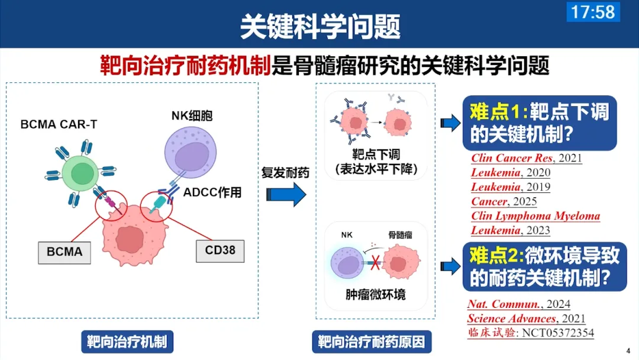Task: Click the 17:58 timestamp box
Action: point(593,11)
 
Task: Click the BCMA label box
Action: point(64,252)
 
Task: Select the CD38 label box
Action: point(220,250)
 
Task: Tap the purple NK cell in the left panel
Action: point(191,153)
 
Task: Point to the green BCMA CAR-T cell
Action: point(80,173)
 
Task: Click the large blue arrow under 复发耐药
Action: point(286,194)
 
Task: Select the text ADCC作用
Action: point(212,192)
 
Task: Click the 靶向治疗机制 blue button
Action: point(127,342)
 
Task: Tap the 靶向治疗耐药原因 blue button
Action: point(372,342)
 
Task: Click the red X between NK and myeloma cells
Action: point(375,262)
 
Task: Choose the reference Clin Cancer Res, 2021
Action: point(527,158)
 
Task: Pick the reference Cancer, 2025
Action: point(504,201)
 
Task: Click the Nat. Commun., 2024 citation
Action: point(519,304)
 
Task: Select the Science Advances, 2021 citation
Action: point(526,319)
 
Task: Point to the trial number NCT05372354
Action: point(558,333)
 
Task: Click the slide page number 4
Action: point(628,351)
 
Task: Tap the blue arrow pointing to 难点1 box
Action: point(451,123)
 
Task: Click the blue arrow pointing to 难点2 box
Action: point(451,266)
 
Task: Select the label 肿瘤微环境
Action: point(375,294)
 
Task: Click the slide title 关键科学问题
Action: point(320,27)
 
